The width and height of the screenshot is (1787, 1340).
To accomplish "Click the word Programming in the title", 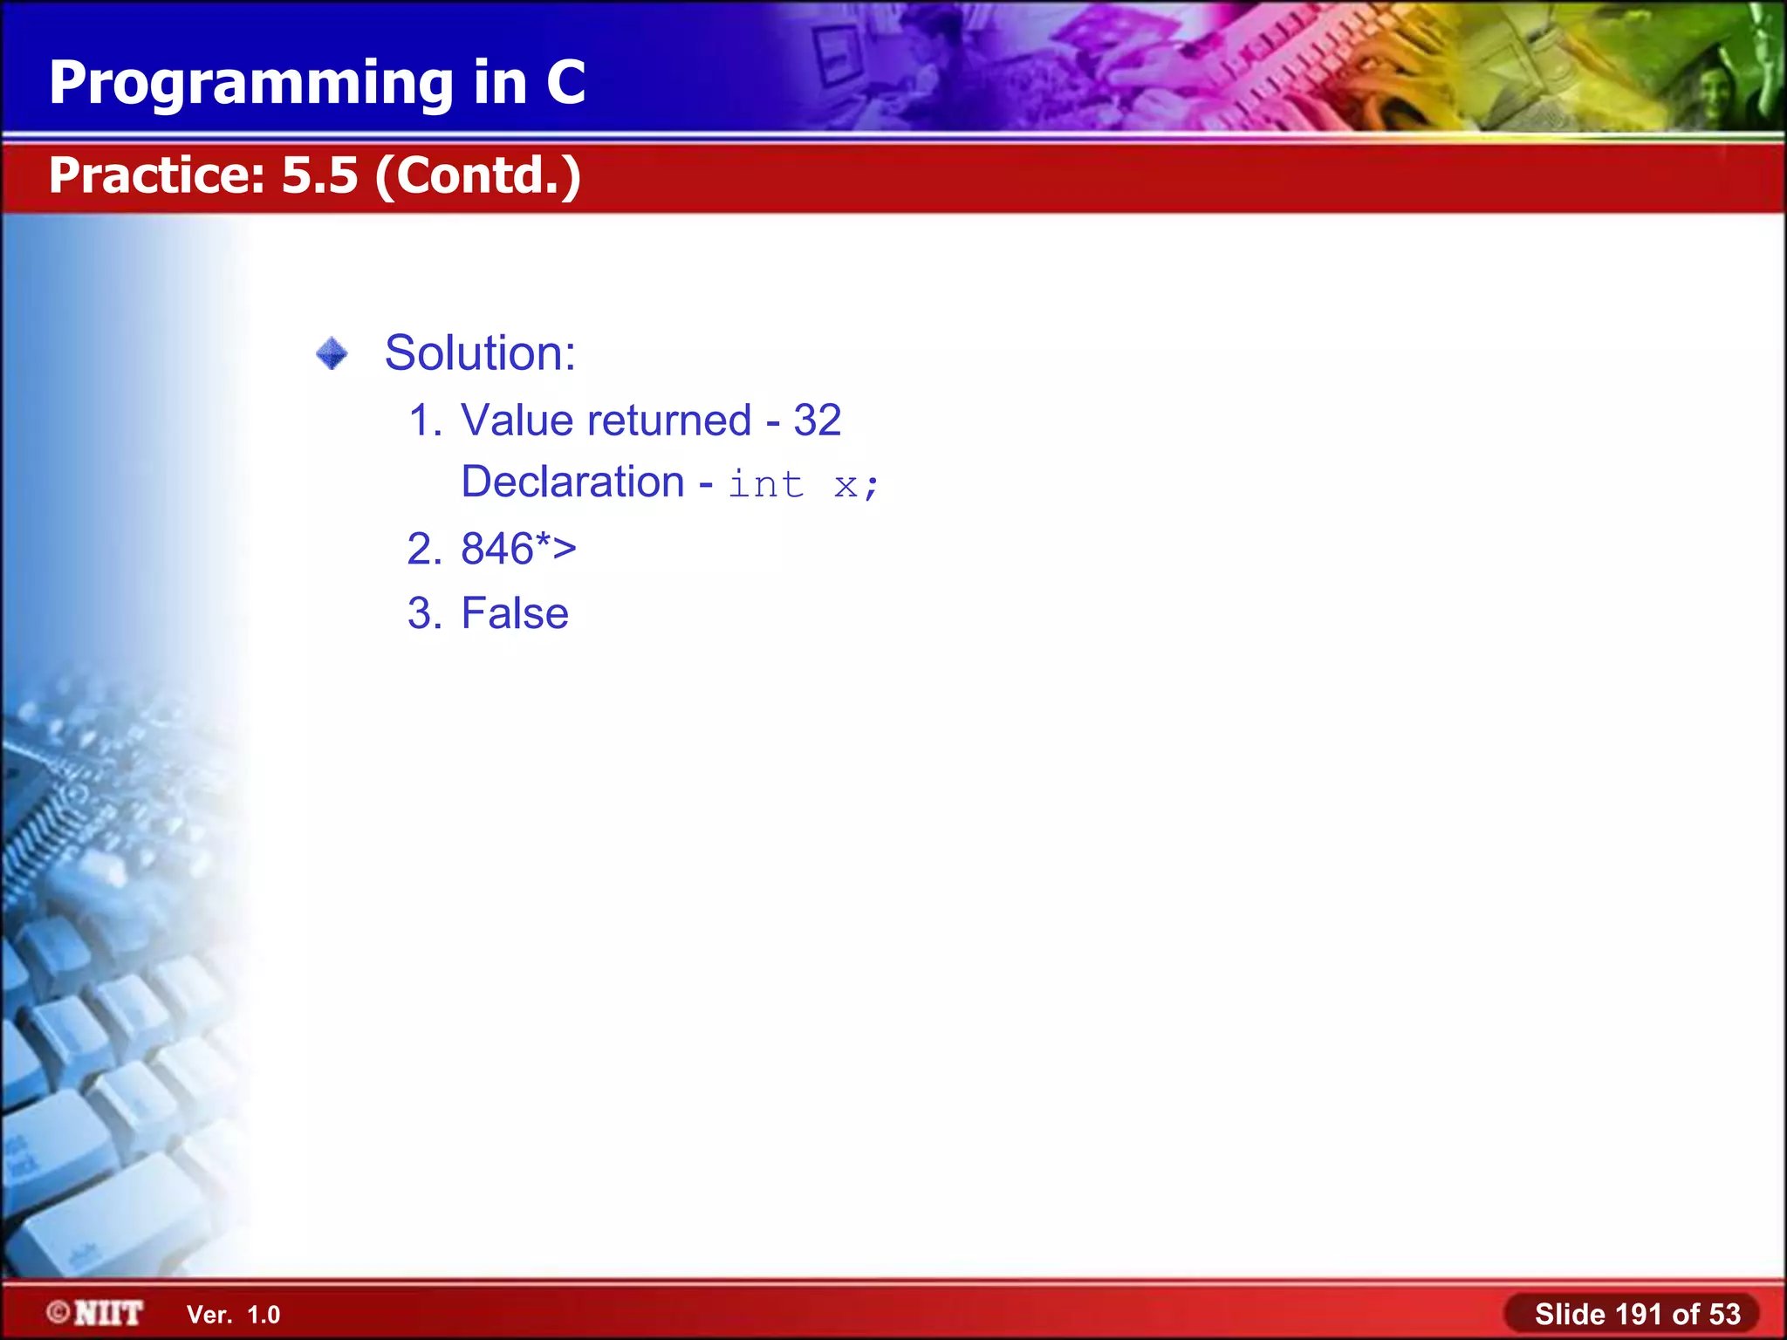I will (251, 85).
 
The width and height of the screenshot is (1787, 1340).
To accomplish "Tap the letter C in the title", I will (565, 83).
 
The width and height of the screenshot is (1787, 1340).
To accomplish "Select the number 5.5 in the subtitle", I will (319, 175).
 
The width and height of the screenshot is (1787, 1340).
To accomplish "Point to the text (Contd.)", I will (478, 175).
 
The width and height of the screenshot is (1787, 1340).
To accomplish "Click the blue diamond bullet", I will (332, 354).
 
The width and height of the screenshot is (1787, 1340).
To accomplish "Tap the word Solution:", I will (480, 353).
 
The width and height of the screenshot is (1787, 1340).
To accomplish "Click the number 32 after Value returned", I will (817, 420).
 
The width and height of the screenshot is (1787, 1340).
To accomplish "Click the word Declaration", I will (572, 482).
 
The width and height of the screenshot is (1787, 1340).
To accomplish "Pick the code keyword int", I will (765, 485).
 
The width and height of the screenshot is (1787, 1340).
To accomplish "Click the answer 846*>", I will (518, 549).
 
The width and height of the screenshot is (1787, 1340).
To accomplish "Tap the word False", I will (515, 613).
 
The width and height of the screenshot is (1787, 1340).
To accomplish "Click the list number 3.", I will (423, 613).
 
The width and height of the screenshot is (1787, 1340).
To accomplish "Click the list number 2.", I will (423, 549).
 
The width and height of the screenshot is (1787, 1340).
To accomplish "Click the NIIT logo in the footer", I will (95, 1313).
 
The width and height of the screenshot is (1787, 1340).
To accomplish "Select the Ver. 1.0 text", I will (233, 1315).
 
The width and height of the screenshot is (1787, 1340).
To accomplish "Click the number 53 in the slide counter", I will (1723, 1314).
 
